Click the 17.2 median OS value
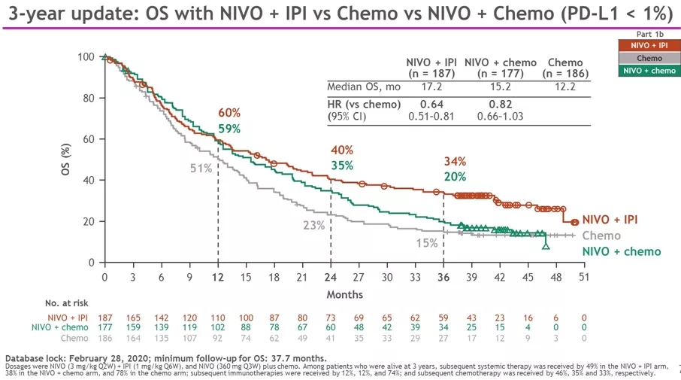[x=431, y=87]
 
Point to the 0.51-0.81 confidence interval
[x=431, y=116]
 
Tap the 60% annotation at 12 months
[x=229, y=113]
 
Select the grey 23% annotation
[x=313, y=224]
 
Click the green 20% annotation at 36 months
[x=455, y=177]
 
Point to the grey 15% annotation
[x=427, y=242]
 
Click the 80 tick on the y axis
[x=88, y=98]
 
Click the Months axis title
[x=345, y=294]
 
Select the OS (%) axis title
[x=66, y=160]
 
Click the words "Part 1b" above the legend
[x=649, y=34]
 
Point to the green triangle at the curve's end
[x=546, y=245]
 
